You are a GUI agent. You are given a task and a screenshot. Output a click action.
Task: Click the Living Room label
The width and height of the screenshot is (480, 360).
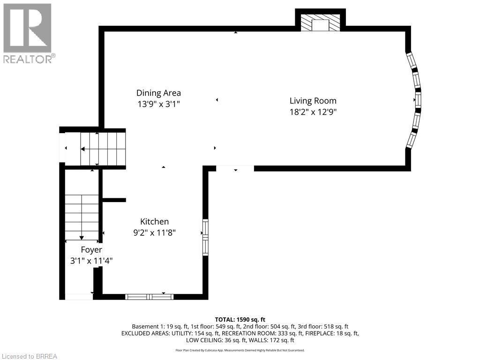point(313,100)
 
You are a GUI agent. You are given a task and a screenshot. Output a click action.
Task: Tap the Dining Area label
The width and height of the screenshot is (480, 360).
point(158,93)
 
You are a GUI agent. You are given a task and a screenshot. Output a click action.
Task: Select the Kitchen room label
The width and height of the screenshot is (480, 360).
point(154,222)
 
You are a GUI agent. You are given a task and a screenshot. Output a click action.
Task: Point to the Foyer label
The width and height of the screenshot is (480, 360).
point(91,250)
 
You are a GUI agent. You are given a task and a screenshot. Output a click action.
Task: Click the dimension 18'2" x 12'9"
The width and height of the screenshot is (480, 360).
point(313,112)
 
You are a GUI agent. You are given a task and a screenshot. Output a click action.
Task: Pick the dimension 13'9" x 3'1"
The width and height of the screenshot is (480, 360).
point(158,105)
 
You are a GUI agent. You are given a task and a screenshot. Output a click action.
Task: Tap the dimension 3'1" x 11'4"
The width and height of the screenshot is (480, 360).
point(91,261)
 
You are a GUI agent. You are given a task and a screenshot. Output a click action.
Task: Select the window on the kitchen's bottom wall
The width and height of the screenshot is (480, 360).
point(149,296)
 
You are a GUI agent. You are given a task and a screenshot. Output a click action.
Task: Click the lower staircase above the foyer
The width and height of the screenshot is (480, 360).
point(82,217)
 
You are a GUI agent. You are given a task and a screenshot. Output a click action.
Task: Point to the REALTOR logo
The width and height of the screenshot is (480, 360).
point(28,33)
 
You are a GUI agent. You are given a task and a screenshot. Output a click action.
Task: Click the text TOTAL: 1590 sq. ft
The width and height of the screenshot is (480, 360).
point(240,319)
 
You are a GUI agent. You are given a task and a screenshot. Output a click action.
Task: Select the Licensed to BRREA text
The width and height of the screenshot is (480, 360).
point(29,356)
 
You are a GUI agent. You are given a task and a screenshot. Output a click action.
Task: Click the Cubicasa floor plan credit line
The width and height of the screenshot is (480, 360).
point(240,350)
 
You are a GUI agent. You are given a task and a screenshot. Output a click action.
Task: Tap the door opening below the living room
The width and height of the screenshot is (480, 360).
point(235,168)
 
